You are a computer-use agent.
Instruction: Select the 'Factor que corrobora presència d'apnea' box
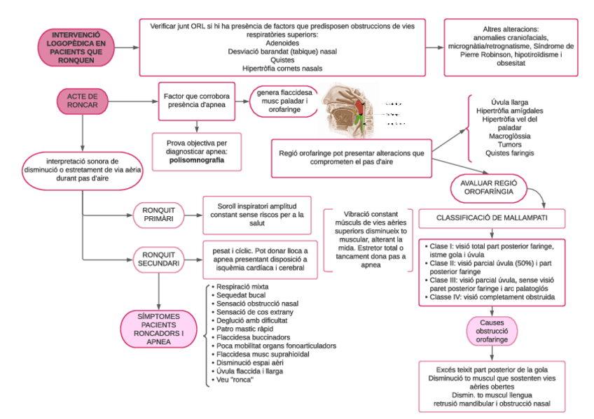[198, 101]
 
